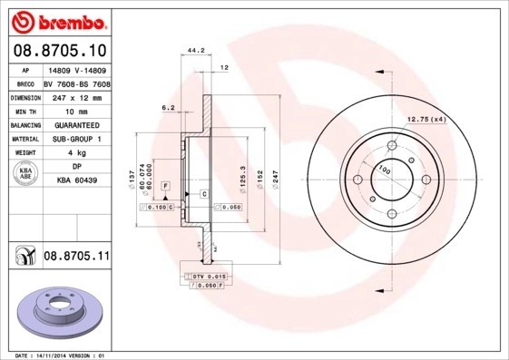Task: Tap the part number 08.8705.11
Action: point(77,258)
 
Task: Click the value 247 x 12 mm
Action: point(77,96)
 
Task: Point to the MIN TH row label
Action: point(24,110)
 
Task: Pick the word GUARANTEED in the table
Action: point(77,124)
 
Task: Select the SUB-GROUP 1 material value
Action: point(77,139)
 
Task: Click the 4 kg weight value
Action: point(77,153)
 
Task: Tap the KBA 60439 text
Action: point(77,180)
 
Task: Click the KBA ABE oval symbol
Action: point(24,174)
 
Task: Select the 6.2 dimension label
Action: point(168,108)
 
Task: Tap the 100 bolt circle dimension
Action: point(385,170)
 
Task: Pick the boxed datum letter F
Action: point(166,186)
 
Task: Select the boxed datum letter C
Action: point(205,195)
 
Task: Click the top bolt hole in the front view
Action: point(393,144)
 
